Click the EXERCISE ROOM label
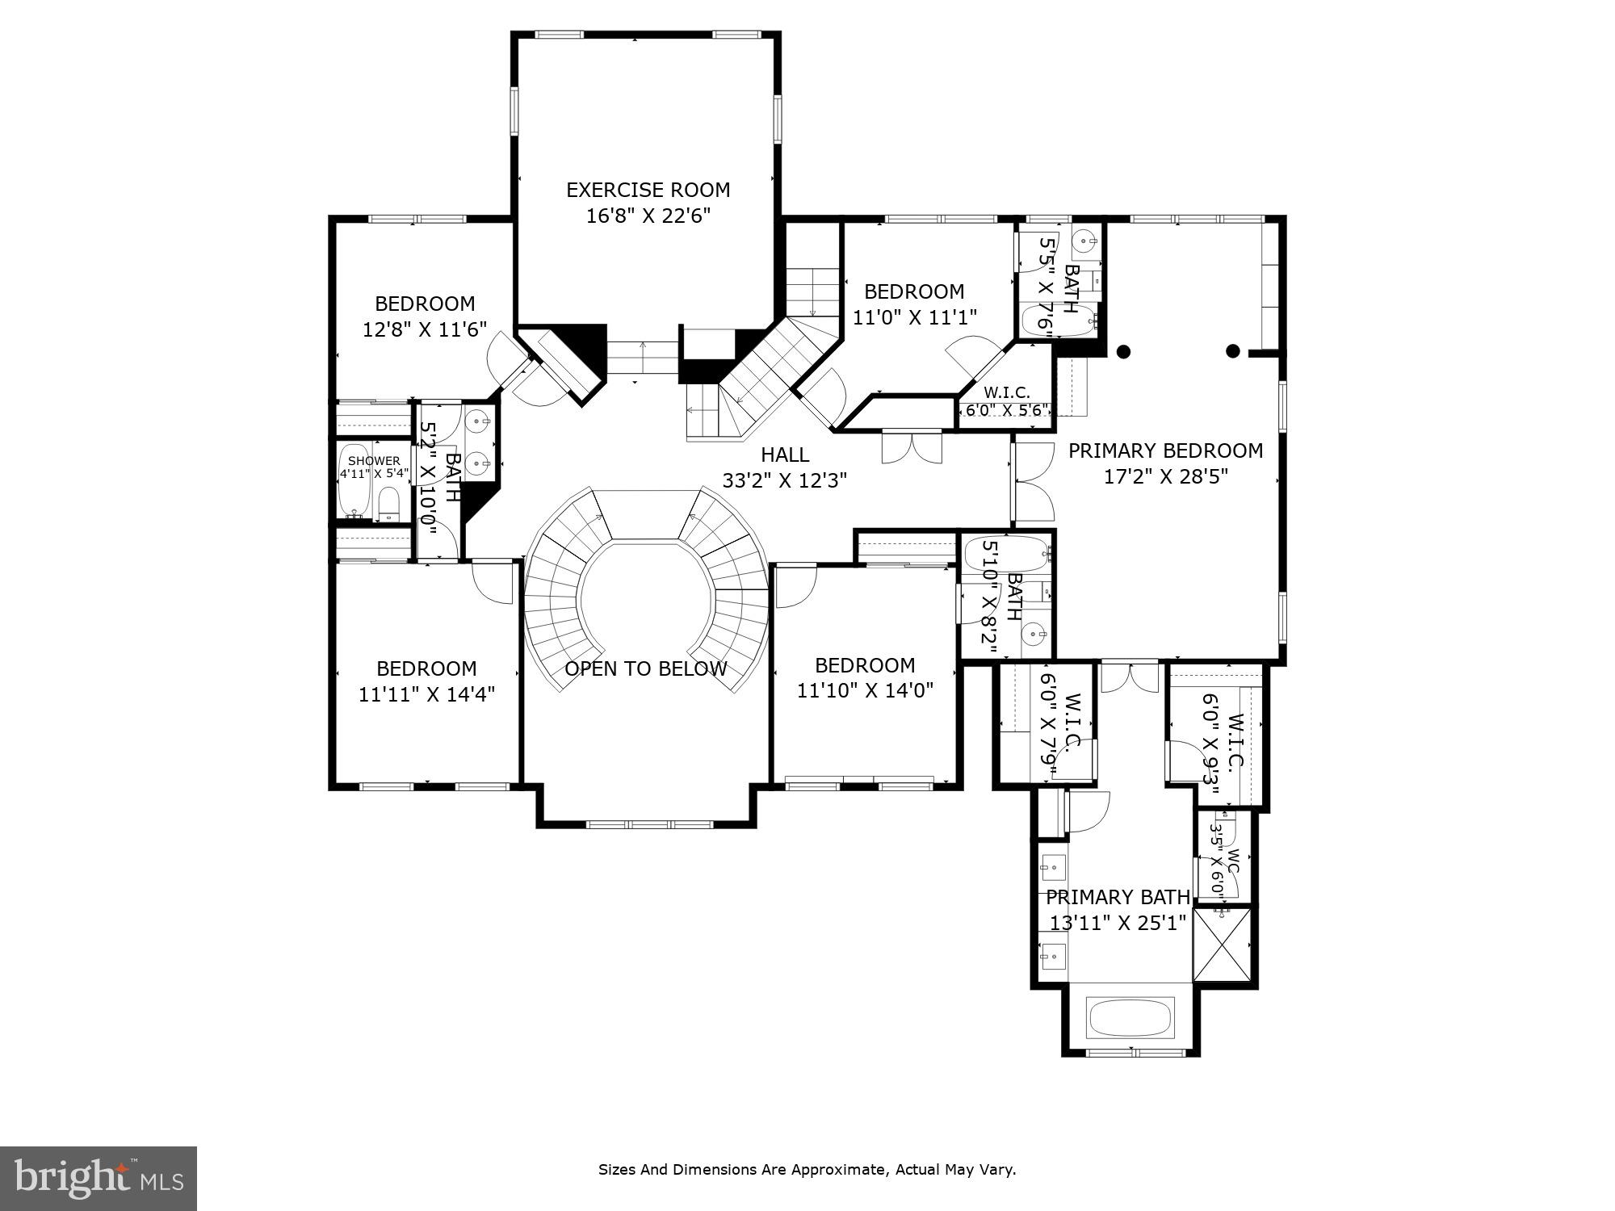[x=648, y=190]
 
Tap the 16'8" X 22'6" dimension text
[x=648, y=216]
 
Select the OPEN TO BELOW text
[x=645, y=668]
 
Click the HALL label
[x=785, y=455]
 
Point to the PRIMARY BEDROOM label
[x=1165, y=450]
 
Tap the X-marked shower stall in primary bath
[x=1222, y=944]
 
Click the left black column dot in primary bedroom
[x=1123, y=351]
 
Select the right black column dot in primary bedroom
[x=1233, y=350]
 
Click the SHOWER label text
[x=374, y=461]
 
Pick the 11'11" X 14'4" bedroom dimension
[x=426, y=694]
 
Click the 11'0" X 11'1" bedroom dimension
[x=915, y=317]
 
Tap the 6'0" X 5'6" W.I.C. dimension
[x=1007, y=410]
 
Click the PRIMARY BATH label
[x=1118, y=897]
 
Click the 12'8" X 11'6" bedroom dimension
[x=425, y=329]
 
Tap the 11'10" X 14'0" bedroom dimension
[x=865, y=691]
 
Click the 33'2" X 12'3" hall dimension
[x=784, y=481]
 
